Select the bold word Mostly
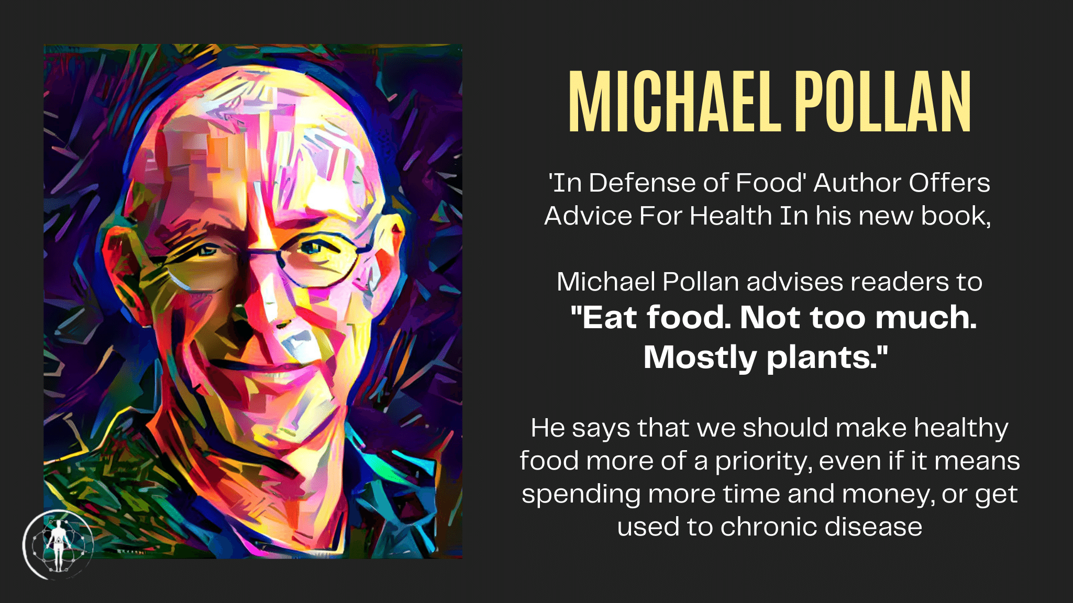point(700,359)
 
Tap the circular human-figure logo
point(58,544)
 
